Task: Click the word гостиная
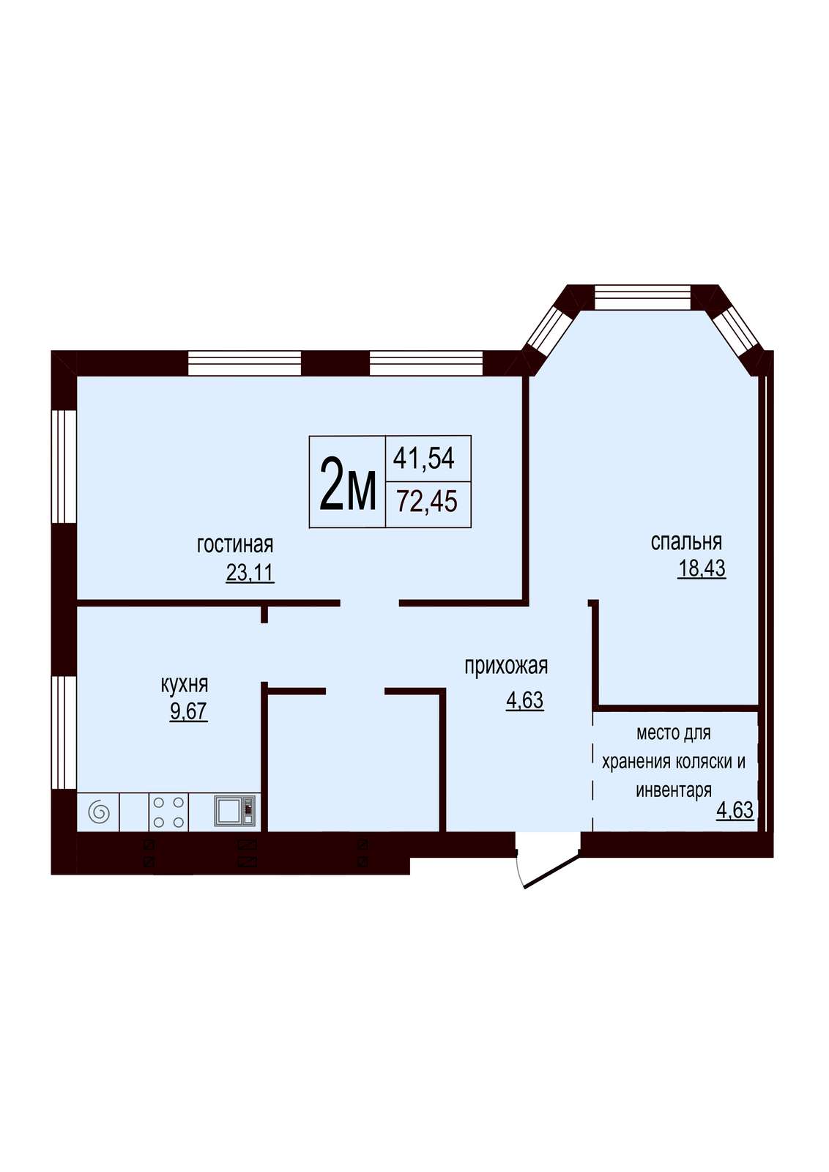coord(235,545)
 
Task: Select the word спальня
coord(686,542)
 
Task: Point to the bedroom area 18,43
coord(702,568)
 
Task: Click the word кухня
coord(184,684)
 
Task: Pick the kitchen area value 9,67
coord(188,711)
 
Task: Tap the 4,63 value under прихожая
coord(524,700)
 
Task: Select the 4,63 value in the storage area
coord(735,810)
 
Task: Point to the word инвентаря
coord(674,790)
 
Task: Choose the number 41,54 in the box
coord(424,459)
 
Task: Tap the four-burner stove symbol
coord(169,812)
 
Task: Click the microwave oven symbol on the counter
coord(235,812)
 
